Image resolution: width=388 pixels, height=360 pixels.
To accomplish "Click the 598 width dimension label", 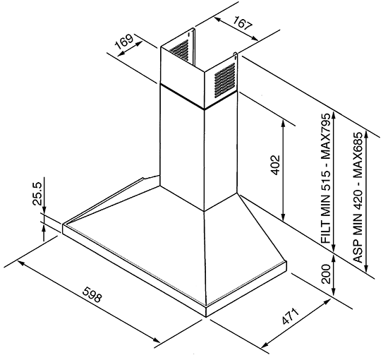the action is (x=92, y=294).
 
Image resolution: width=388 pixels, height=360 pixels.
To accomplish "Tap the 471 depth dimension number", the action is (x=289, y=316).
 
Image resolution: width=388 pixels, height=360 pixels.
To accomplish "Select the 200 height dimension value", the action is (x=326, y=274).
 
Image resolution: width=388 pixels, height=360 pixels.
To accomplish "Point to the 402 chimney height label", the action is (x=275, y=165).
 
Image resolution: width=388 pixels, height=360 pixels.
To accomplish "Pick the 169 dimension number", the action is (x=124, y=42).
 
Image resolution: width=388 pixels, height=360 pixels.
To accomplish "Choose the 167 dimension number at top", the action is (x=243, y=23).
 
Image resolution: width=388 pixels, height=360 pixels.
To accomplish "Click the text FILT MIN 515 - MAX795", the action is (x=326, y=178).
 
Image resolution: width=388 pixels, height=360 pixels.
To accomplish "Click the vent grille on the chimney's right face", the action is (x=224, y=80).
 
